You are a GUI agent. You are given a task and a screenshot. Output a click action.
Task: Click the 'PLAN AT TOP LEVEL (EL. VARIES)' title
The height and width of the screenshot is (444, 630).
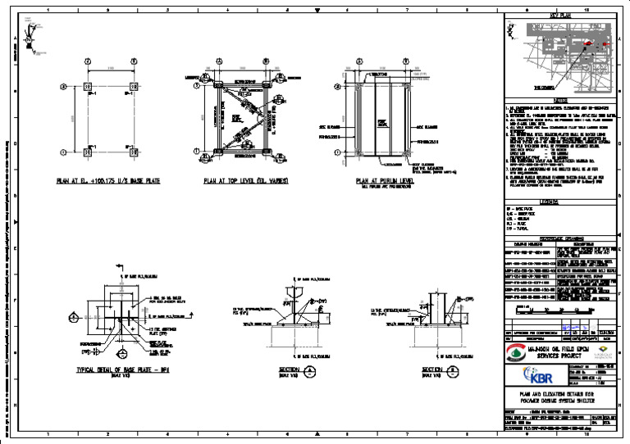(243, 181)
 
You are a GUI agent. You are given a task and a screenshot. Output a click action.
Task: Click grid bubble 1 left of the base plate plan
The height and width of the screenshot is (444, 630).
(63, 86)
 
